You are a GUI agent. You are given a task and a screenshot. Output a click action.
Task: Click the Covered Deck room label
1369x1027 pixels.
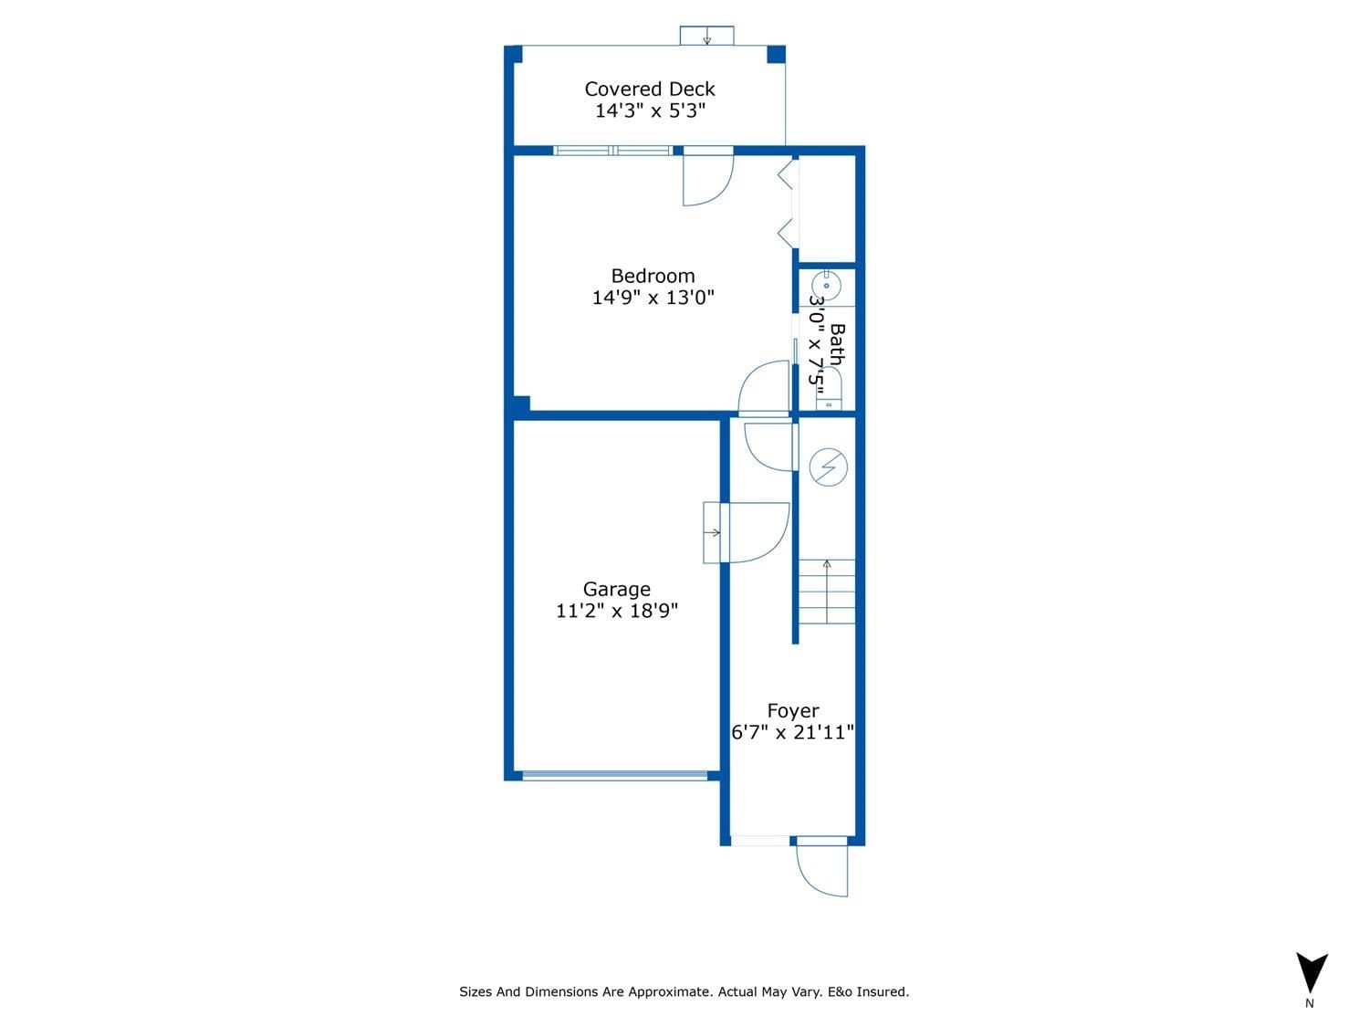click(649, 89)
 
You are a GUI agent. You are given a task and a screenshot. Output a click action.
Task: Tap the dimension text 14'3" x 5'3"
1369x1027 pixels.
click(650, 110)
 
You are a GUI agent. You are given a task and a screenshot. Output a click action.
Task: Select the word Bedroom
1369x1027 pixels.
click(653, 277)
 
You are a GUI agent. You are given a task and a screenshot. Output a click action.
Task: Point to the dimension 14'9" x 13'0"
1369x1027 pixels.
click(653, 298)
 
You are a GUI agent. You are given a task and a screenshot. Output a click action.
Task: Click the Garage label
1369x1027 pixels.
click(617, 589)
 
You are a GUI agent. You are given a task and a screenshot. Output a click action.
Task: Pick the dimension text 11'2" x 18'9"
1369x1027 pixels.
click(617, 611)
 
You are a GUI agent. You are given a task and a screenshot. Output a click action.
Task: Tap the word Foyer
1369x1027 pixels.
click(793, 711)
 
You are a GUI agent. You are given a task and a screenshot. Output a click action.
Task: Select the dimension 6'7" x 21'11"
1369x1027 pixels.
click(792, 732)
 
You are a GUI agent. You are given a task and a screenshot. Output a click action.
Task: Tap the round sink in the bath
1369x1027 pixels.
click(826, 287)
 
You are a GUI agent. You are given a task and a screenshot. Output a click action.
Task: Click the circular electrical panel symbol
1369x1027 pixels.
click(829, 467)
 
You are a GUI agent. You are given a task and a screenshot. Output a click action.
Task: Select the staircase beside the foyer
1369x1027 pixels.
click(827, 592)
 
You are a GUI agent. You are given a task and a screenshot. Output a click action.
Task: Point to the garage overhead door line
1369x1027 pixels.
click(615, 776)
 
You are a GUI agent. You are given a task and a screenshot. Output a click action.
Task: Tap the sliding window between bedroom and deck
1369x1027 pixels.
click(613, 151)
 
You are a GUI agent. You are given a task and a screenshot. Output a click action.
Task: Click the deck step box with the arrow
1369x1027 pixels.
click(706, 36)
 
